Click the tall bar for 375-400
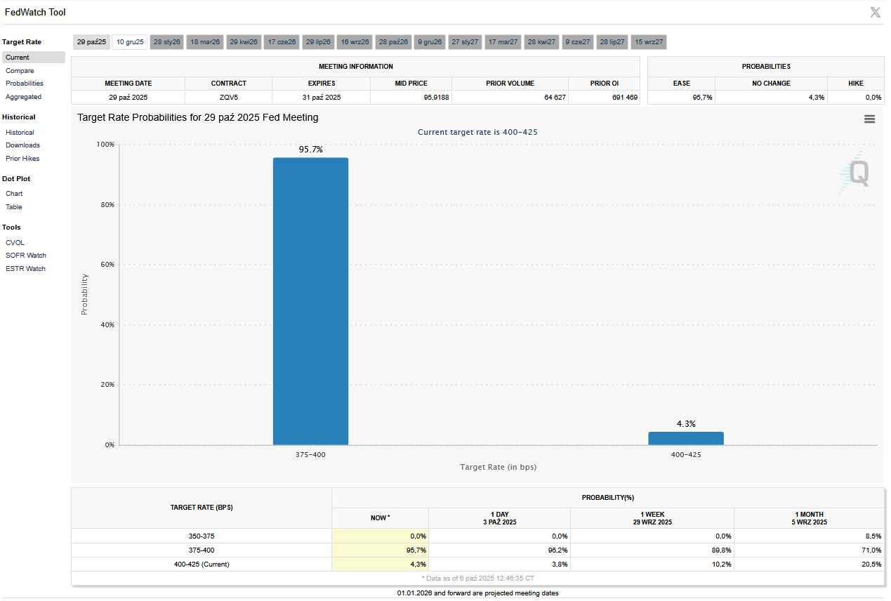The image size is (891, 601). pos(310,301)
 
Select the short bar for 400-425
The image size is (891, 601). pos(685,438)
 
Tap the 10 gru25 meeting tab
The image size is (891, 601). pos(130,42)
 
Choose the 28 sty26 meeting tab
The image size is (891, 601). pos(167,42)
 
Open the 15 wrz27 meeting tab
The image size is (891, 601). pos(649,42)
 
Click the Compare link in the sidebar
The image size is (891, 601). pos(20,71)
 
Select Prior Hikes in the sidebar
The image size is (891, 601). pos(22,159)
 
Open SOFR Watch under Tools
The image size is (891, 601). pos(26,256)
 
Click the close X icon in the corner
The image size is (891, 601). pos(875,12)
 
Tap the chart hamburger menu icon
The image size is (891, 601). pos(869,119)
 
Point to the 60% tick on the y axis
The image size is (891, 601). pos(105,265)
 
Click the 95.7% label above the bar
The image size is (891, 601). pos(310,150)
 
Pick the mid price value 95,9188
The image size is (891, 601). pos(436,98)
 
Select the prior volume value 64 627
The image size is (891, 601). pos(555,98)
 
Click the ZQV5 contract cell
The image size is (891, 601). pos(229,98)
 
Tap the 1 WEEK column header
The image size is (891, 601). pos(652,518)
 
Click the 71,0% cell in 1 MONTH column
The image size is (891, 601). pos(871,550)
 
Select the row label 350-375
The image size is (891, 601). pos(202,536)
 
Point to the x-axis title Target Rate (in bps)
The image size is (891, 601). pos(498,467)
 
